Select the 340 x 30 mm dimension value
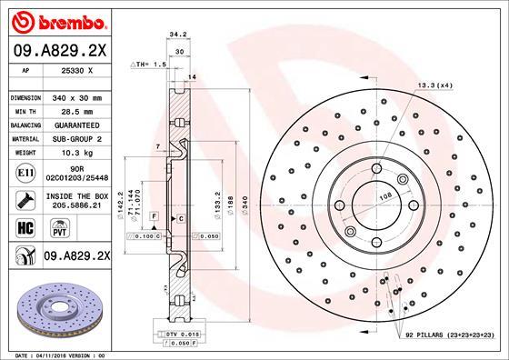tap(76, 96)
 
